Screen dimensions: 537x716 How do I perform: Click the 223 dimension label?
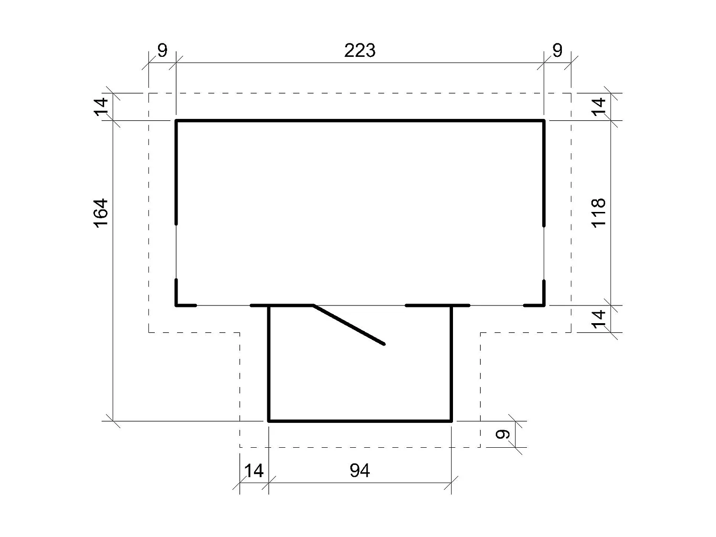[x=360, y=50]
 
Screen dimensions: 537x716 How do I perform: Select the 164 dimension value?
[x=101, y=213]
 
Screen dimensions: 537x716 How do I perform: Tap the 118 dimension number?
[x=598, y=212]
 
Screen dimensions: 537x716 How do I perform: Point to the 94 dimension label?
[x=359, y=471]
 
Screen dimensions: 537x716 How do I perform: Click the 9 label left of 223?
[x=162, y=50]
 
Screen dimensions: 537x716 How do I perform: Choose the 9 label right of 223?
[x=557, y=50]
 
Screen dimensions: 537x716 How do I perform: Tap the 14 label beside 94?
[x=253, y=471]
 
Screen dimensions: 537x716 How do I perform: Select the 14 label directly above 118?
[x=599, y=105]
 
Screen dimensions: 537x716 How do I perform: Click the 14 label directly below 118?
[x=599, y=318]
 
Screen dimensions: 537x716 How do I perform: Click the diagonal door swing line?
[x=349, y=325]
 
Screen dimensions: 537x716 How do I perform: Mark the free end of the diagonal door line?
[x=384, y=344]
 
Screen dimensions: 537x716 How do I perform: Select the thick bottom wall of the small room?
[x=360, y=421]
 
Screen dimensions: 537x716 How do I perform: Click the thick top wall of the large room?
[x=360, y=121]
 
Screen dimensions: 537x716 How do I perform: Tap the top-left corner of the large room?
[x=177, y=121]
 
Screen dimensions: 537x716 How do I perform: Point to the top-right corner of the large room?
[x=544, y=121]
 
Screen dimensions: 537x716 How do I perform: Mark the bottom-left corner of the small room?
[x=269, y=421]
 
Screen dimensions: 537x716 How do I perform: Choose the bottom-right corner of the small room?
[x=451, y=421]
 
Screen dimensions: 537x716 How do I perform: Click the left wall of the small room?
[x=269, y=363]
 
